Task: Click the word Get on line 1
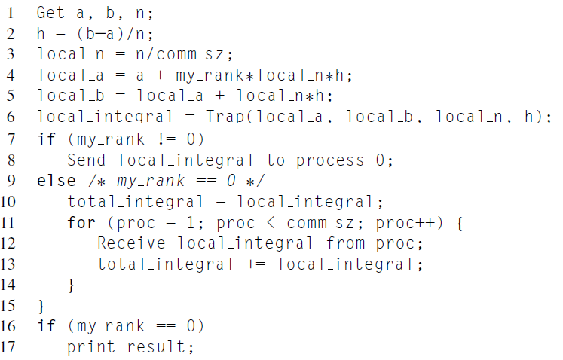coord(51,13)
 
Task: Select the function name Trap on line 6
coord(225,117)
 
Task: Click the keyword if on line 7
coord(45,139)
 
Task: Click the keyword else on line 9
coord(56,180)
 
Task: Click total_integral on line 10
coord(136,201)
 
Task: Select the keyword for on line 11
coord(81,222)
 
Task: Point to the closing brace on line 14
coord(72,285)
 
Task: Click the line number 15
coord(11,305)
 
